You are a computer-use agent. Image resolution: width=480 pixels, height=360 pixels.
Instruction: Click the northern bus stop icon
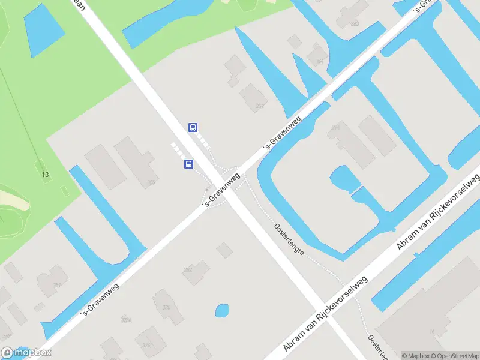tap(193, 127)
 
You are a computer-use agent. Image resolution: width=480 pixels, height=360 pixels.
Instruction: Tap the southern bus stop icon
tap(188, 164)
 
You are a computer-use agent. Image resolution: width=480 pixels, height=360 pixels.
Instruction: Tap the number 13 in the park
tap(44, 175)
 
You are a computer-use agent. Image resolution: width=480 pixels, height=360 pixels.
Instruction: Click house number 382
tap(188, 270)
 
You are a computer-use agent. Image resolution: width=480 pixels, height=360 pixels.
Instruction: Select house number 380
tap(166, 307)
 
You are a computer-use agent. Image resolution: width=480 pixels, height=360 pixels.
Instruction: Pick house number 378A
tap(126, 320)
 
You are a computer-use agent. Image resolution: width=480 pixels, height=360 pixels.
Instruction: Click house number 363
tap(355, 24)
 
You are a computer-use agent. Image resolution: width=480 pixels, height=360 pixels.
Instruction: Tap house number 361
tap(320, 61)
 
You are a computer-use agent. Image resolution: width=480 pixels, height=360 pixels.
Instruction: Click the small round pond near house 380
tap(222, 311)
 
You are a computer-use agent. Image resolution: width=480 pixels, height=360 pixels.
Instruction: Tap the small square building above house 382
tap(224, 250)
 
